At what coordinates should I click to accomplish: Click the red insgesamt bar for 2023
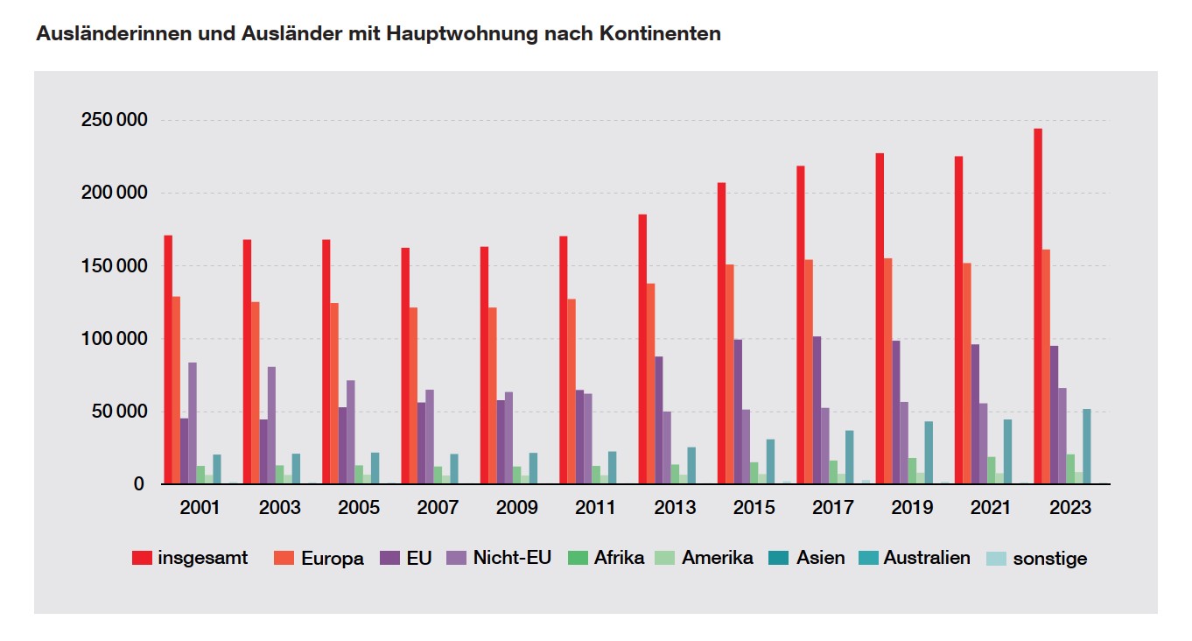click(x=1038, y=306)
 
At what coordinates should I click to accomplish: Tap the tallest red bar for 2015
click(x=721, y=334)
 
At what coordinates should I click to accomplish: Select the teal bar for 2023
click(x=1087, y=447)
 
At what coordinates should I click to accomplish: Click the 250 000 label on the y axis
click(x=114, y=120)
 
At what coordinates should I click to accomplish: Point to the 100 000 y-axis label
click(x=114, y=339)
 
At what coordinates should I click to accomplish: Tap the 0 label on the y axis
click(x=139, y=483)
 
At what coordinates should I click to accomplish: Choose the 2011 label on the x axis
click(x=596, y=508)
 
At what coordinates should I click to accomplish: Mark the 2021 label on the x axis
click(x=992, y=508)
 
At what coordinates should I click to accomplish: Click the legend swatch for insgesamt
click(x=143, y=558)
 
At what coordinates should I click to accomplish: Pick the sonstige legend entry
click(x=1049, y=559)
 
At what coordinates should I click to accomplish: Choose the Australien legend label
click(x=927, y=558)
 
